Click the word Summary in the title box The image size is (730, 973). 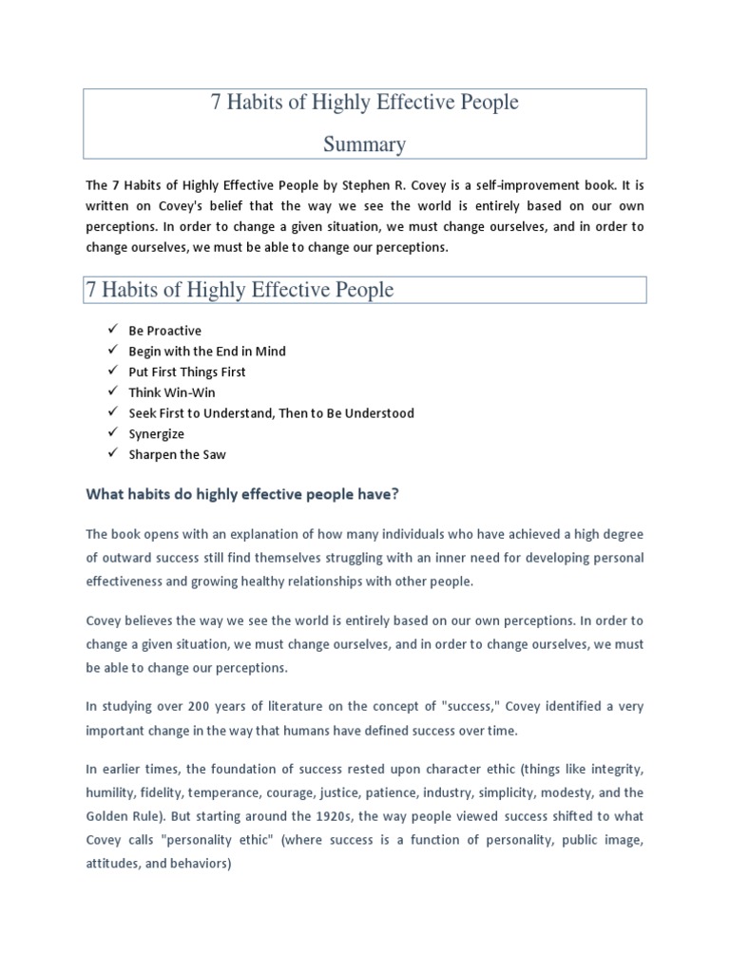click(365, 144)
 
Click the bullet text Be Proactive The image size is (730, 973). click(164, 331)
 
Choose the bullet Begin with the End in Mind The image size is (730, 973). click(207, 351)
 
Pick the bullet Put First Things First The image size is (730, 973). click(187, 372)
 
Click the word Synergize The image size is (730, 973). click(157, 433)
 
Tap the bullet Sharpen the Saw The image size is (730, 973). click(178, 454)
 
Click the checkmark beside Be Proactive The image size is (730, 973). click(112, 330)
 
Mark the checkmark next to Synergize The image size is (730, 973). click(112, 433)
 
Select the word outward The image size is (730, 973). click(123, 557)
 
